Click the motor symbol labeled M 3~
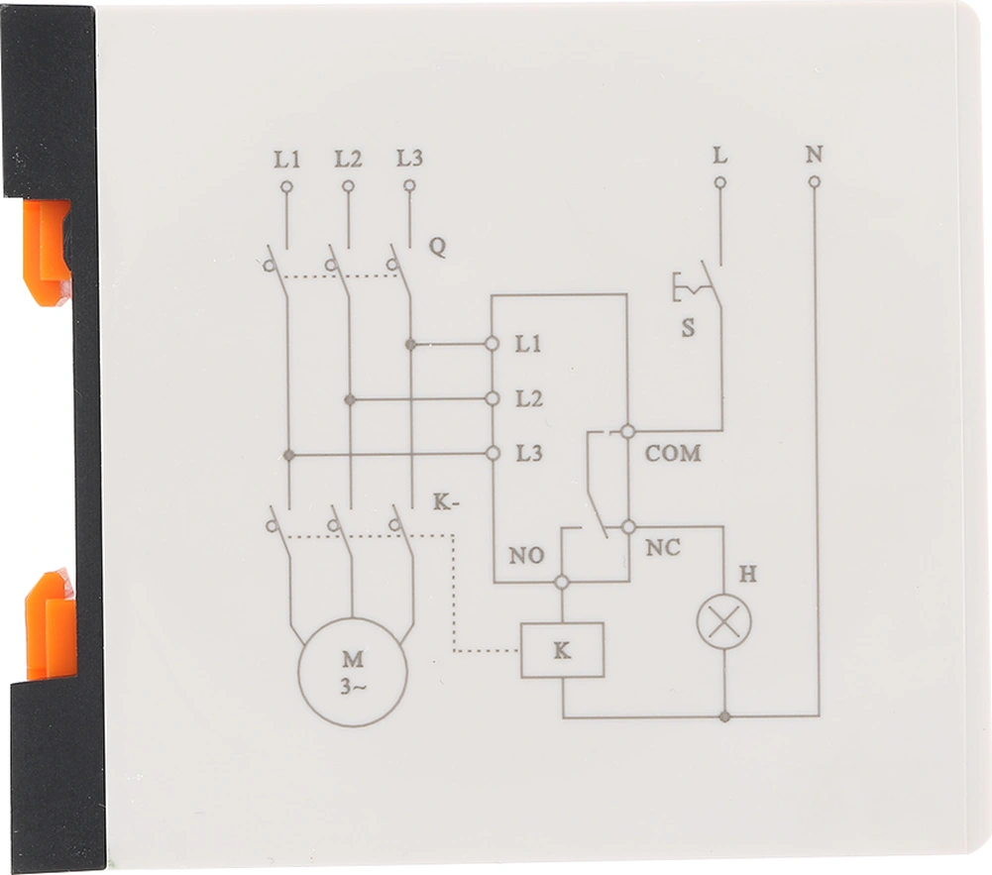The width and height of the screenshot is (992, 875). [353, 672]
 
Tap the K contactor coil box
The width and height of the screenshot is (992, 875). [562, 650]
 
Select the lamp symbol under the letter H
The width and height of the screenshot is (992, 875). [723, 621]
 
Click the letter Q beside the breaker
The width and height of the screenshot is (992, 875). [437, 248]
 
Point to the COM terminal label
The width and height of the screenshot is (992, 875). [673, 454]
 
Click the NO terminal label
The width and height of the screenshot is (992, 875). [526, 556]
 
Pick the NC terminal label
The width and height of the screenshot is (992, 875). [663, 547]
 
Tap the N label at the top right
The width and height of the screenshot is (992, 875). [814, 155]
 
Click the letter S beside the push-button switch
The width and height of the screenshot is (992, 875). [688, 328]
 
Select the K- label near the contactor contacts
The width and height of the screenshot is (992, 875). [446, 501]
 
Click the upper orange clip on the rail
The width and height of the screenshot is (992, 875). [47, 252]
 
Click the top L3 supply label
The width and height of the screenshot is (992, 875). [409, 159]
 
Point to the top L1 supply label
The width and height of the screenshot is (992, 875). [286, 159]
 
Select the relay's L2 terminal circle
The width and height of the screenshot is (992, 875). [492, 399]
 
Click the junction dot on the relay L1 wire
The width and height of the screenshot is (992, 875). [410, 345]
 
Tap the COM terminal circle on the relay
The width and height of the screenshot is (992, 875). [627, 431]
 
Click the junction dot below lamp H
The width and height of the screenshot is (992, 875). [724, 715]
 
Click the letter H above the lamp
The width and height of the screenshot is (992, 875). [747, 575]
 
